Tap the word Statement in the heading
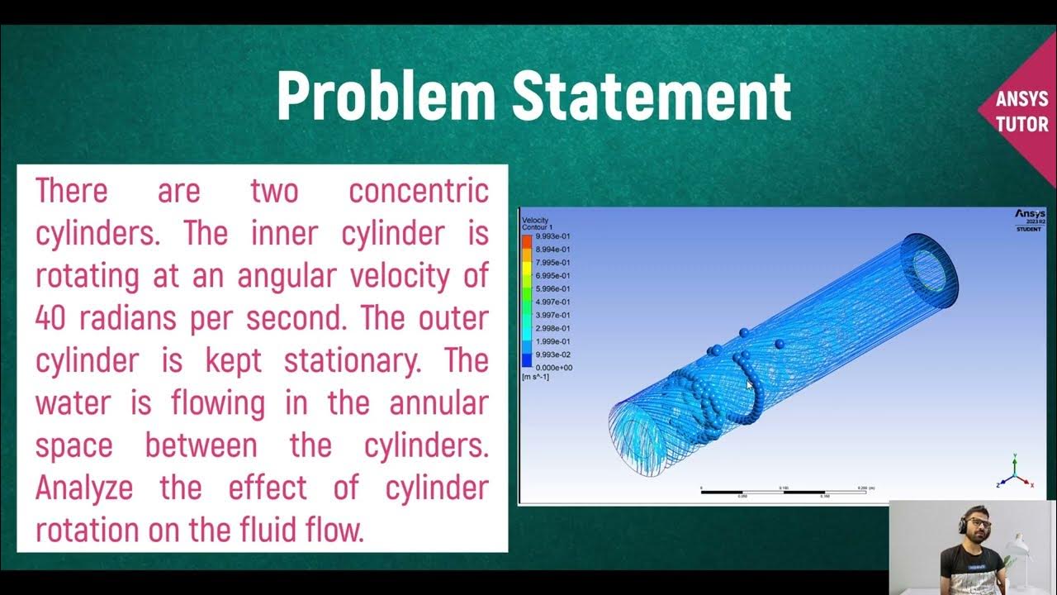651,96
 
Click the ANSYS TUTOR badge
1021,112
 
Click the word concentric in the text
418,191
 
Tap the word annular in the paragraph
438,403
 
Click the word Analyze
83,488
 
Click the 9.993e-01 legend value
553,236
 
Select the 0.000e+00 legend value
553,368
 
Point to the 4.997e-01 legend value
553,302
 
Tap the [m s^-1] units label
537,378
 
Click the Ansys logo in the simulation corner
1030,215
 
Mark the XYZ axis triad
1014,472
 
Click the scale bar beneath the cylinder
784,493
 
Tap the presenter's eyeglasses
978,526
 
